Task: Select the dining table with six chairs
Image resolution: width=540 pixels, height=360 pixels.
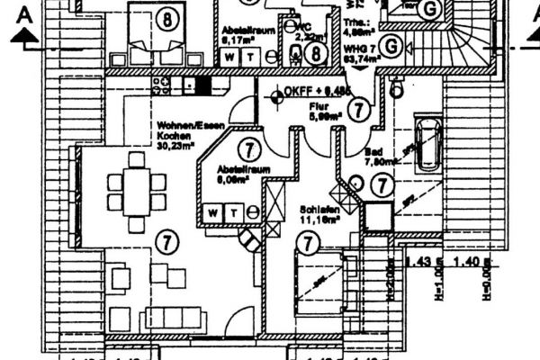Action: pos(137,192)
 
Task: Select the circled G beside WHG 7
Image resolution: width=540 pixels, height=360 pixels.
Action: pos(391,46)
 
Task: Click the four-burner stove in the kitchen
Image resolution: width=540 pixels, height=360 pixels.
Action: pos(162,86)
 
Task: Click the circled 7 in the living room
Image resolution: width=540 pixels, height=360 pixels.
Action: pos(165,240)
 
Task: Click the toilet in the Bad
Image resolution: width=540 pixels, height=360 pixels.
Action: pos(395,87)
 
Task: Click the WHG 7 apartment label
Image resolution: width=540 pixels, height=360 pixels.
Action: pos(361,47)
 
